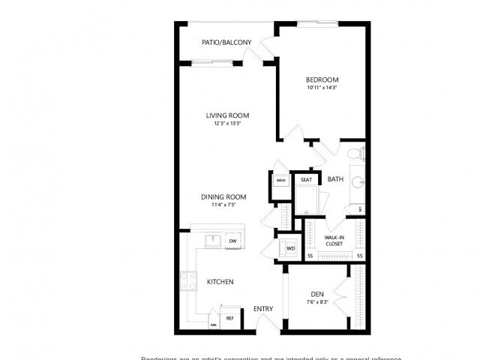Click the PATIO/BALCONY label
(x=226, y=43)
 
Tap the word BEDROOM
(x=322, y=80)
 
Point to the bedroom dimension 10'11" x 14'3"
(x=322, y=88)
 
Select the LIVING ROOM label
(x=228, y=115)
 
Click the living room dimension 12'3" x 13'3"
(x=228, y=124)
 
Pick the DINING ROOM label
(x=223, y=197)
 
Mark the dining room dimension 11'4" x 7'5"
(x=223, y=205)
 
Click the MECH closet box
(x=280, y=181)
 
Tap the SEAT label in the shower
(x=306, y=180)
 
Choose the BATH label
(x=334, y=179)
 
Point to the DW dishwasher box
(x=233, y=241)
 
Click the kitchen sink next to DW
(x=212, y=241)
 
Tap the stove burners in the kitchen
(x=187, y=282)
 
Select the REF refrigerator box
(x=230, y=318)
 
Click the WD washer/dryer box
(x=289, y=247)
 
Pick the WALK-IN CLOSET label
(x=334, y=241)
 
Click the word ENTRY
(x=262, y=309)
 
